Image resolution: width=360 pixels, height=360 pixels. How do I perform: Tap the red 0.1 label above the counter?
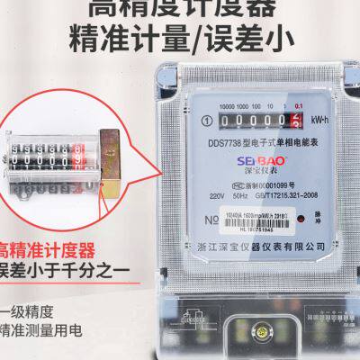click(x=298, y=107)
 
